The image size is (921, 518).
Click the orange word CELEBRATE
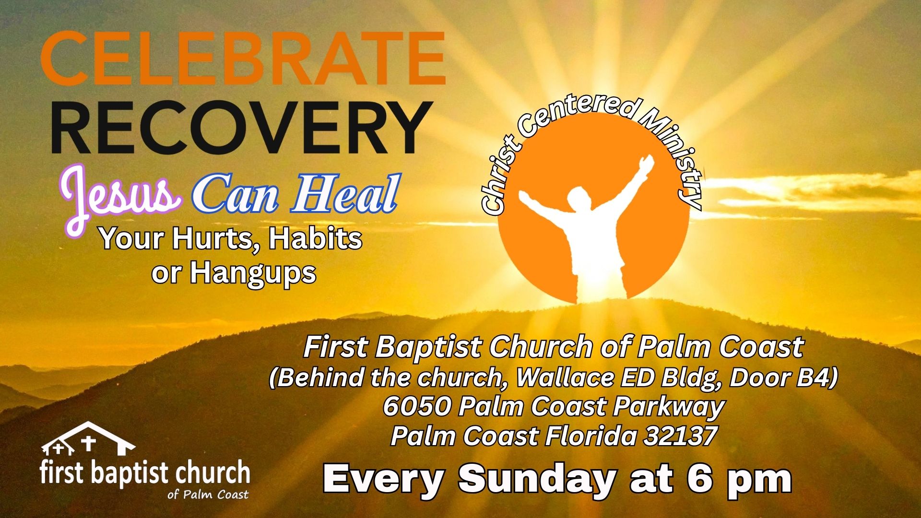(243, 58)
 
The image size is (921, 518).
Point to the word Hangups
(253, 274)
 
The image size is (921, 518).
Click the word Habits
(315, 238)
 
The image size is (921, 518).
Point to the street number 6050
(417, 407)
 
